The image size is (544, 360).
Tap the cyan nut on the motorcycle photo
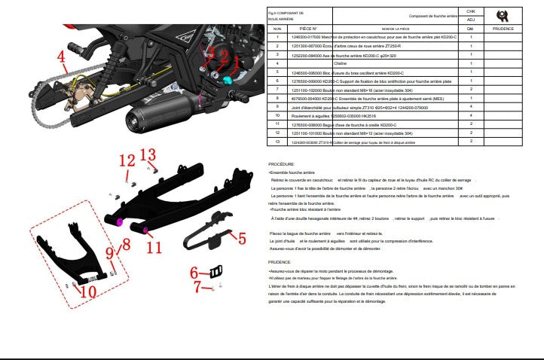226,78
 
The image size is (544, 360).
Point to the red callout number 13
149,157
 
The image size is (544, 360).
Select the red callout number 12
126,161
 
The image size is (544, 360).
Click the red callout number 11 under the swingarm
154,246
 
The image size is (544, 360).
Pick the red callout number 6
194,273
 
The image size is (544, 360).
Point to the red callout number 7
199,287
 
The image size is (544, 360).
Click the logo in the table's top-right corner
503,14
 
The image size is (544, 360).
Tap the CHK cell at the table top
471,11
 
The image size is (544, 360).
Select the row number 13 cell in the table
277,141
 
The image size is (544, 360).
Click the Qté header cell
471,27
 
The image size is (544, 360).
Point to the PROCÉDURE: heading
282,163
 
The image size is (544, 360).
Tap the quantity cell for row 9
471,107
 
